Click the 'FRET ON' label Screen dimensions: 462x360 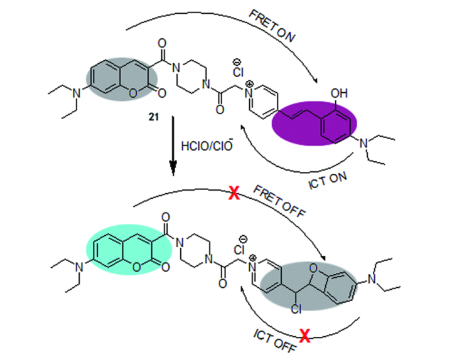coord(272,26)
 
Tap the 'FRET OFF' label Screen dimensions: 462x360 coord(279,202)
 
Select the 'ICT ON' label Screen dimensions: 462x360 coord(328,180)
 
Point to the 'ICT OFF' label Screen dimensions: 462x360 coord(274,341)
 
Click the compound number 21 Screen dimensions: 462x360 coord(154,117)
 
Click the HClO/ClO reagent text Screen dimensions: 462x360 coord(207,145)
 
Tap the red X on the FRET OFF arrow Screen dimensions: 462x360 coord(234,193)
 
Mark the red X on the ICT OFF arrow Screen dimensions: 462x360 coord(304,336)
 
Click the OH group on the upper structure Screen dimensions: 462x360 coord(339,93)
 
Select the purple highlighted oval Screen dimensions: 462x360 coord(314,123)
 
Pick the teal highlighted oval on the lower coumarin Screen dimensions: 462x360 coord(129,250)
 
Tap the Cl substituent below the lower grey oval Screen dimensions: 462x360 coord(296,309)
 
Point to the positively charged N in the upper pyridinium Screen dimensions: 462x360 coord(249,92)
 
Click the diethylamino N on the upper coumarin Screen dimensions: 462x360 coord(77,93)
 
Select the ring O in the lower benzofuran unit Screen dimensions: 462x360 coord(314,268)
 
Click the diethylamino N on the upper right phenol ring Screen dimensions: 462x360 coord(364,144)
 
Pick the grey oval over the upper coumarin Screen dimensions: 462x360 coord(122,80)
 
